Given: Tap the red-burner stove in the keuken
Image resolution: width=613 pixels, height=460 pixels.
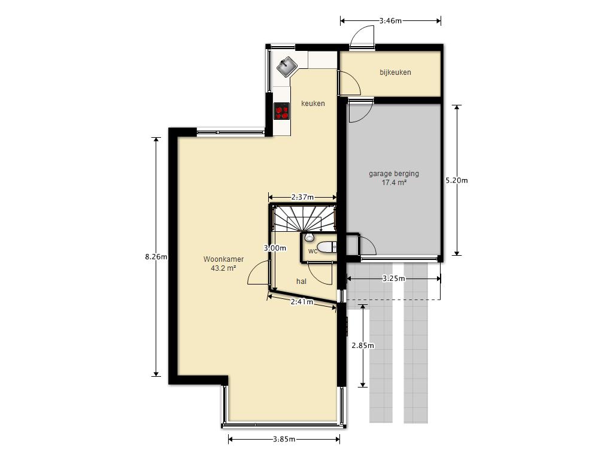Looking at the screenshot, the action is point(281,111).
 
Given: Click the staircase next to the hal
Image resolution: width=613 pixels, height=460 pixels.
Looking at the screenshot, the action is point(304,219).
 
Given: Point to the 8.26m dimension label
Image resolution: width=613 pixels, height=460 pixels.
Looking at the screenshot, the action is point(156,257).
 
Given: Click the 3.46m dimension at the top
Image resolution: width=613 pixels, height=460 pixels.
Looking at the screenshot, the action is point(390,21).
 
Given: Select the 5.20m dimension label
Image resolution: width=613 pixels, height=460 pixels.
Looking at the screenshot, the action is point(457,180).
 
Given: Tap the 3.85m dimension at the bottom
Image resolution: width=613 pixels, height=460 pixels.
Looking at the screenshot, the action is point(284,439).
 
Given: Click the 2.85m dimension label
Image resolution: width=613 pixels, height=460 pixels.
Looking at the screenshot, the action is point(363,346).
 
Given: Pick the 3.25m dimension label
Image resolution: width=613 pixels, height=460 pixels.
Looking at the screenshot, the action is point(394,279).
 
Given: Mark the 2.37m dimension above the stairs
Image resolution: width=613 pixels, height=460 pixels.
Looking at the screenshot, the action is point(302,197).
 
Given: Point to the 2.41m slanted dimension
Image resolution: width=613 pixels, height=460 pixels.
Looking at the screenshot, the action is point(302,302).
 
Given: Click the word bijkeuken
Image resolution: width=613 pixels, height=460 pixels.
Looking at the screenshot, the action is point(395,72).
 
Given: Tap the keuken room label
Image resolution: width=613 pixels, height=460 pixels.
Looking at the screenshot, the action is point(312,103).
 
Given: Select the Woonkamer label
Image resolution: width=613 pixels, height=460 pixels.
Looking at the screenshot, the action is point(223,259).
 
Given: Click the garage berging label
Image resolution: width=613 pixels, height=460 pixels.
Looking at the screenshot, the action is point(394,173).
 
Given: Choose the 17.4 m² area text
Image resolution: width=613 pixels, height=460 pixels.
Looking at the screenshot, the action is point(394,182).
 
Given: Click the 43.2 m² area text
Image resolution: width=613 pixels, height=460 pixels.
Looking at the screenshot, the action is point(223,268).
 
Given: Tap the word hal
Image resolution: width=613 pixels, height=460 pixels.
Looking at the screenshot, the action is point(301,282).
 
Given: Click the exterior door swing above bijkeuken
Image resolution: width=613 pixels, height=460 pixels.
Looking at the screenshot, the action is point(362,38).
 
